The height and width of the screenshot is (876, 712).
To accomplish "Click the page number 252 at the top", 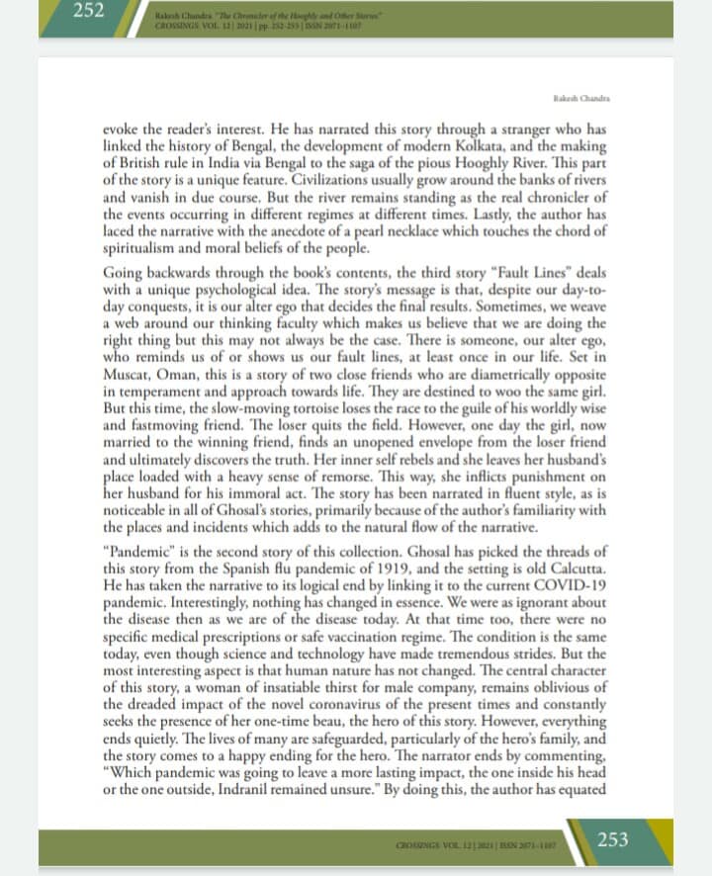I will (x=88, y=15).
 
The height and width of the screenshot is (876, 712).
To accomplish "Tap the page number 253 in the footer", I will (x=612, y=839).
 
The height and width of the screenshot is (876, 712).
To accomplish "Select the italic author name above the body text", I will (x=581, y=100).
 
